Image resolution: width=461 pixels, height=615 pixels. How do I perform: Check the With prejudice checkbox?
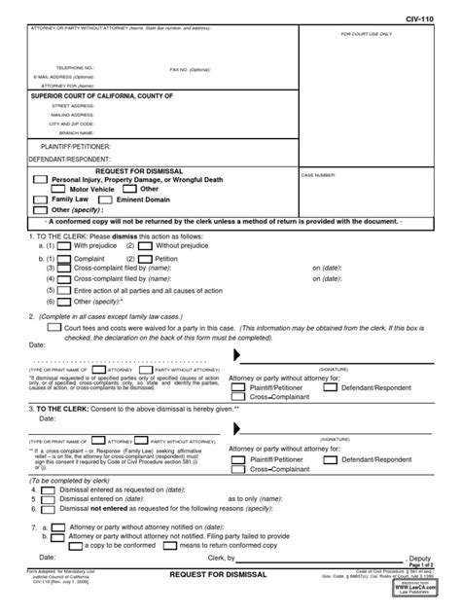63,246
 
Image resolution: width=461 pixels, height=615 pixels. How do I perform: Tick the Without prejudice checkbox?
144,246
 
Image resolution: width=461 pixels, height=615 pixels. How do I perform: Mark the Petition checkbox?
144,260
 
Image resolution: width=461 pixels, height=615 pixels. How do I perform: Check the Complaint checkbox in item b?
63,260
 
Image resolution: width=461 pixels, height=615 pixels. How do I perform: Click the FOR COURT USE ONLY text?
366,34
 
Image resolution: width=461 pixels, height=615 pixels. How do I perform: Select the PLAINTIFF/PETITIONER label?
72,145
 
